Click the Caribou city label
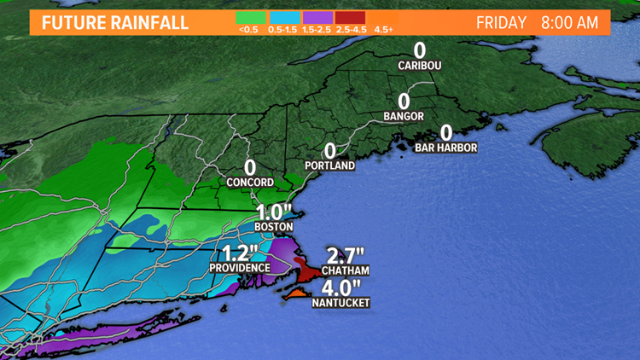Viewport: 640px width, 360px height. coord(419,65)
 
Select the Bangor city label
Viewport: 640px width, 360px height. coord(404,115)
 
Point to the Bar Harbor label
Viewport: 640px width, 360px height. coord(445,148)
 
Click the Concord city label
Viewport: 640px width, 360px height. coord(250,183)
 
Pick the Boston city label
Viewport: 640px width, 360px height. coord(274,227)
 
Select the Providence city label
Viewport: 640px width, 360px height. coord(240,268)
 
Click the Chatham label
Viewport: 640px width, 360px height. coord(346,271)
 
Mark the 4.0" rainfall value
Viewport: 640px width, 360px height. coord(341,286)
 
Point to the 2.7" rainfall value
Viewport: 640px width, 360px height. coord(346,255)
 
